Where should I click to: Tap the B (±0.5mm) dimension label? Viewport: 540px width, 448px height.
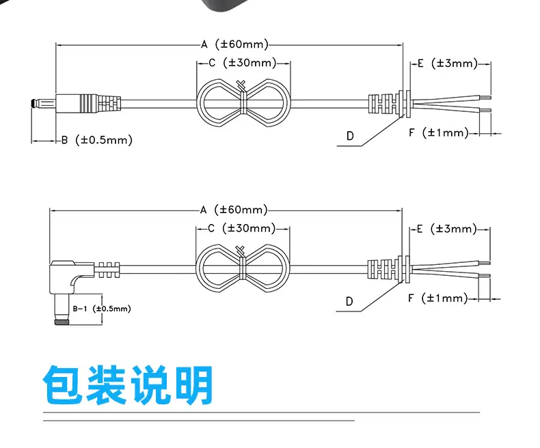pyautogui.click(x=96, y=140)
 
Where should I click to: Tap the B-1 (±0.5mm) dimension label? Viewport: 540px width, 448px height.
pyautogui.click(x=101, y=309)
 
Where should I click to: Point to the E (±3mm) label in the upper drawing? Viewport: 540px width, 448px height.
pyautogui.click(x=447, y=64)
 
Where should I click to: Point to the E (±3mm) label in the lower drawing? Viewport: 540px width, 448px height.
pyautogui.click(x=446, y=229)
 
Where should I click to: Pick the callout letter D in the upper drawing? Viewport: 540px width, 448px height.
pyautogui.click(x=350, y=136)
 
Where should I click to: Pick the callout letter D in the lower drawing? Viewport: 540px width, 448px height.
pyautogui.click(x=349, y=301)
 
